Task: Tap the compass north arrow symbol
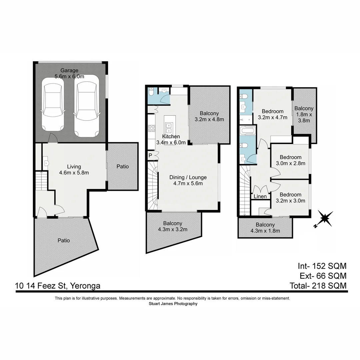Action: [x=324, y=219]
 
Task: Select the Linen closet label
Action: [x=260, y=197]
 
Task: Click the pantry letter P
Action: [x=150, y=155]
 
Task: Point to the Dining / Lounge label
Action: [x=188, y=180]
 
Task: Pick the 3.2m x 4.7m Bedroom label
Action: [x=272, y=114]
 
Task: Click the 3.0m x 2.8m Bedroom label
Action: [x=290, y=160]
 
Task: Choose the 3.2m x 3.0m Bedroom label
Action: [x=290, y=198]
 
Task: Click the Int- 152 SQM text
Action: [x=322, y=266]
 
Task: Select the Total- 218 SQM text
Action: [x=318, y=286]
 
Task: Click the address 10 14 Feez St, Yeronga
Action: [x=58, y=286]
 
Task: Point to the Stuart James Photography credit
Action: [x=173, y=304]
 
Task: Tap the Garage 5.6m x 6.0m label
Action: [x=69, y=73]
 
